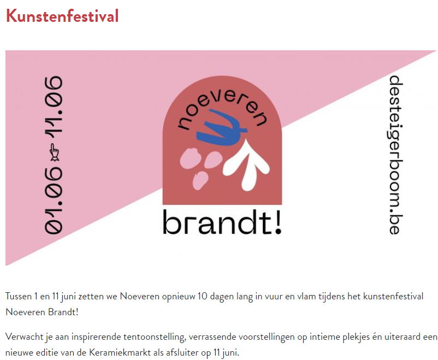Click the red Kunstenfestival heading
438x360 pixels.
pyautogui.click(x=62, y=16)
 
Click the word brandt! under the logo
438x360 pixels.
pyautogui.click(x=222, y=222)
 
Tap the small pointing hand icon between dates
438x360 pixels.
pyautogui.click(x=54, y=152)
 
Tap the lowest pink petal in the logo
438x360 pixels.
pyautogui.click(x=200, y=180)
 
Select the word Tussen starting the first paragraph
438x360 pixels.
pyautogui.click(x=18, y=296)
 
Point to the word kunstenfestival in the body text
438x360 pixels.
pyautogui.click(x=393, y=296)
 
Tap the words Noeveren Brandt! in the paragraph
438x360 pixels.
pyautogui.click(x=42, y=312)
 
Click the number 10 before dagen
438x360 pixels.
pyautogui.click(x=203, y=296)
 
